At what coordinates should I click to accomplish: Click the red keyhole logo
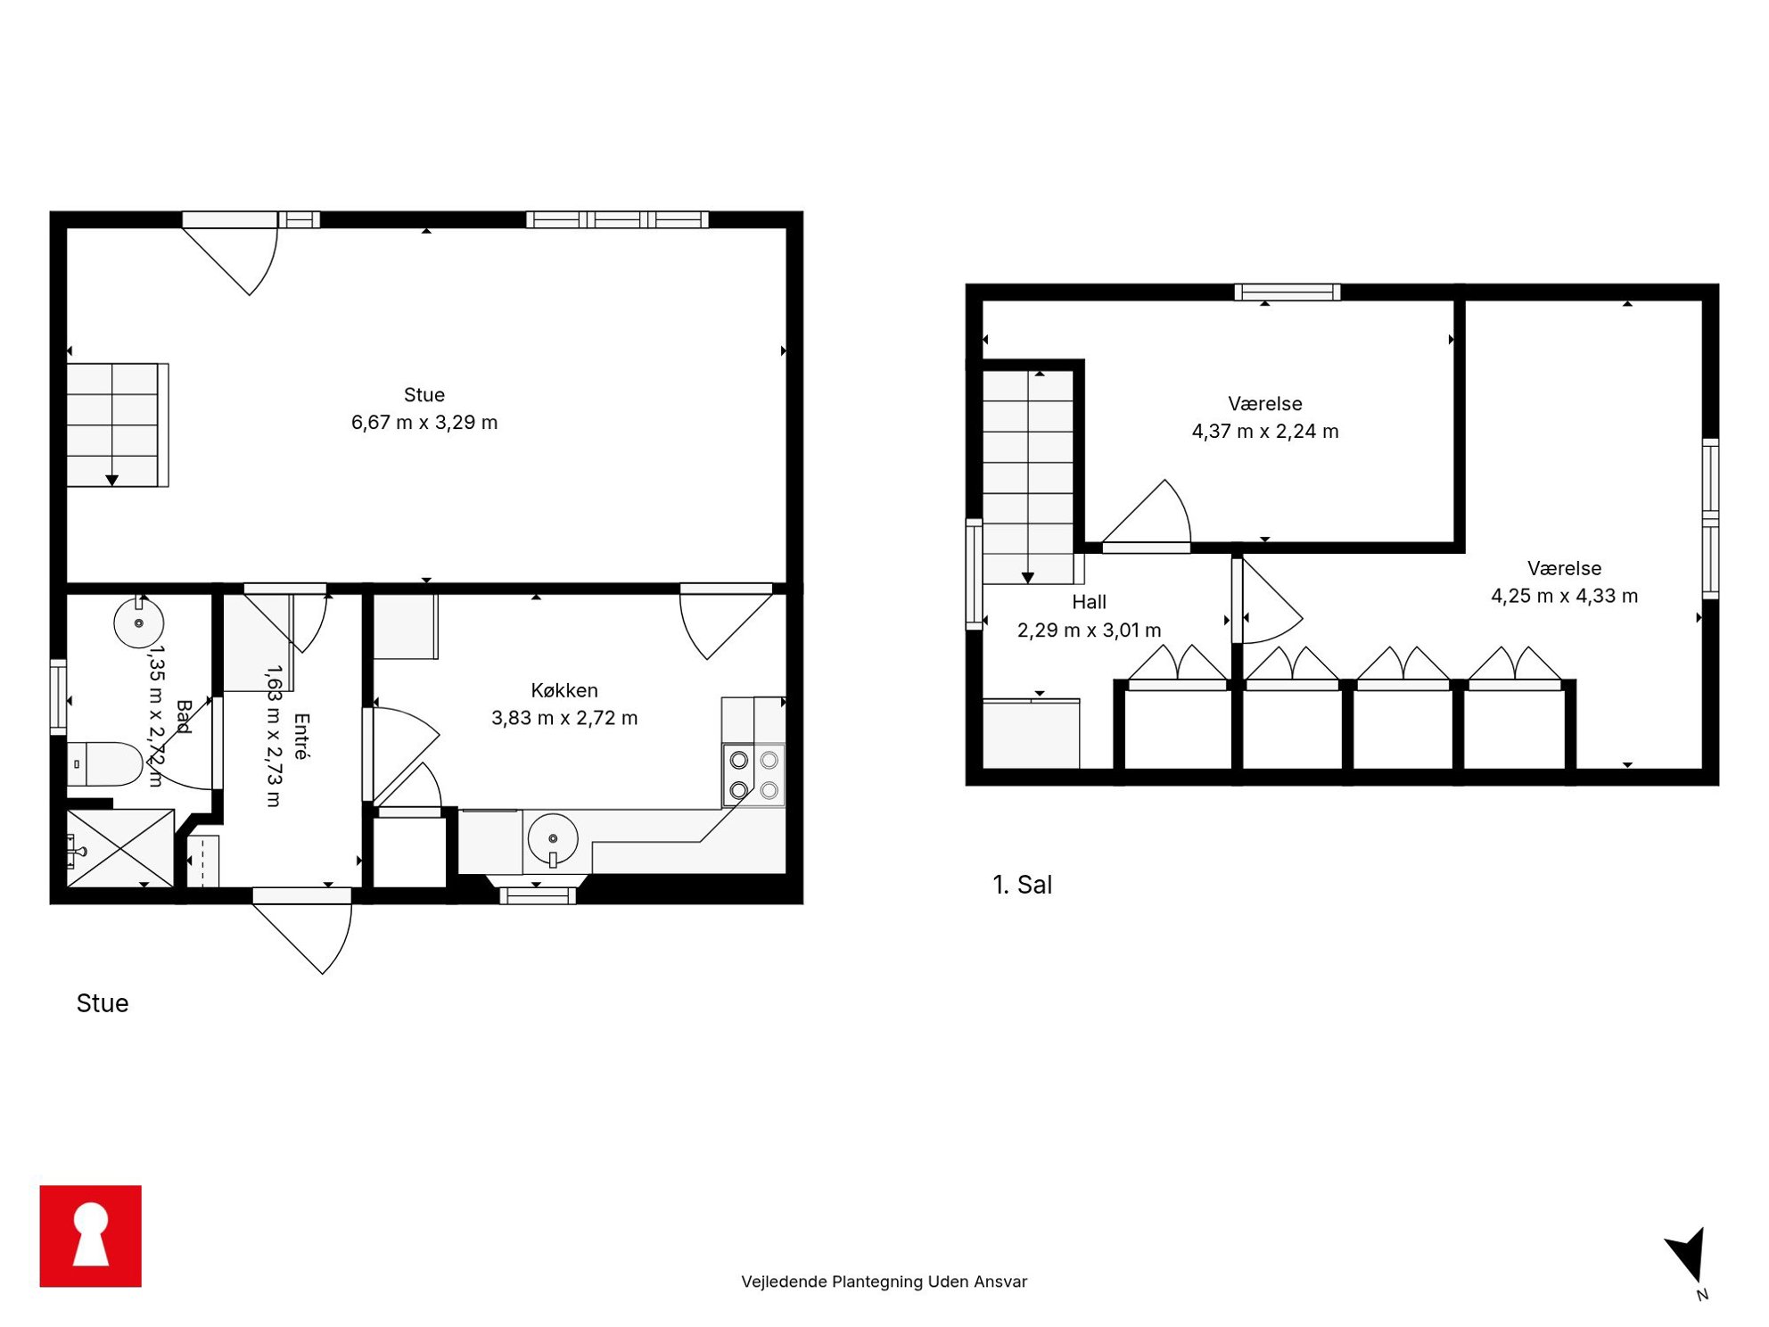pyautogui.click(x=90, y=1235)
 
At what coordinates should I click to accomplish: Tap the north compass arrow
pyautogui.click(x=1688, y=1256)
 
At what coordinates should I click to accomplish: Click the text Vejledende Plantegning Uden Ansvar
pyautogui.click(x=884, y=1282)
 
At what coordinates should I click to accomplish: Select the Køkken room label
pyautogui.click(x=564, y=689)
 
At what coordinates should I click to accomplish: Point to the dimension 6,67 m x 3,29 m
pyautogui.click(x=424, y=422)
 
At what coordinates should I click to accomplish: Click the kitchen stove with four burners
pyautogui.click(x=753, y=775)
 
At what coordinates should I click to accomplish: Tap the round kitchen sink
pyautogui.click(x=553, y=838)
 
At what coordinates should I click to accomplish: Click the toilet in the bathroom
pyautogui.click(x=104, y=763)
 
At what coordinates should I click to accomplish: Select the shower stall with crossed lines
pyautogui.click(x=120, y=848)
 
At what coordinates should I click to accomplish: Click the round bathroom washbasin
pyautogui.click(x=138, y=622)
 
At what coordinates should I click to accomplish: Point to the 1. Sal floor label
pyautogui.click(x=1022, y=885)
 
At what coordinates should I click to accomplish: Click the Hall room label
pyautogui.click(x=1089, y=602)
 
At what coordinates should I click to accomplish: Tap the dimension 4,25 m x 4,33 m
pyautogui.click(x=1564, y=596)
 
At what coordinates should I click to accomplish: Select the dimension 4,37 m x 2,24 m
pyautogui.click(x=1265, y=431)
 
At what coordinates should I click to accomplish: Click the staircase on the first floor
pyautogui.click(x=1028, y=477)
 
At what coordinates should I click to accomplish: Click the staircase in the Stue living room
pyautogui.click(x=118, y=424)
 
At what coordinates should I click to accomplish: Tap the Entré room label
pyautogui.click(x=302, y=736)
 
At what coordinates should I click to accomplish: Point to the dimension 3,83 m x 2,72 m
pyautogui.click(x=564, y=717)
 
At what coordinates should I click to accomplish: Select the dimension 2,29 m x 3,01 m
pyautogui.click(x=1089, y=630)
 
